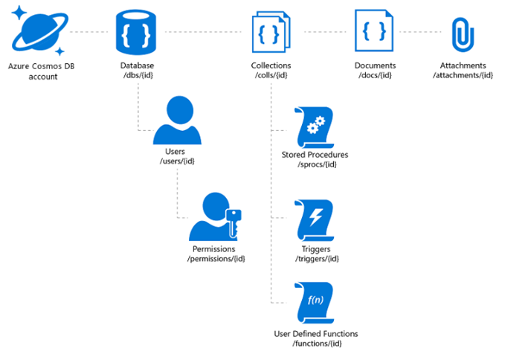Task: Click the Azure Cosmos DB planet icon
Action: pos(40,31)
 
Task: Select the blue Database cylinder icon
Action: pos(136,32)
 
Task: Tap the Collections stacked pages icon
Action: pos(271,32)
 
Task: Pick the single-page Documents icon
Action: pos(374,30)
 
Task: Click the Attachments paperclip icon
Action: pos(463,35)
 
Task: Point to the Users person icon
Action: pos(178,120)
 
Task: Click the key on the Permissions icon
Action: pos(233,222)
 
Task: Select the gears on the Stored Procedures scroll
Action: pos(315,125)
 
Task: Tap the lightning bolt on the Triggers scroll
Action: pos(316,217)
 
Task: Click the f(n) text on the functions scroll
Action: pos(316,300)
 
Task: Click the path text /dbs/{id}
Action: pos(138,75)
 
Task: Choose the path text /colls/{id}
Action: pos(271,75)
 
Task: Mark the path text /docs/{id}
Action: pos(375,75)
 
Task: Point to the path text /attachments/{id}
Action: pos(463,75)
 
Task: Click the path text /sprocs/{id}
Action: pos(317,164)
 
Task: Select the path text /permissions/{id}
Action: pos(216,259)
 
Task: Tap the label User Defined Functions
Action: pos(316,334)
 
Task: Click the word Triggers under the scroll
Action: pos(316,249)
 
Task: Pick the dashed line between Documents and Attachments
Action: pos(420,32)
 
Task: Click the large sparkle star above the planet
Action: pos(19,13)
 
